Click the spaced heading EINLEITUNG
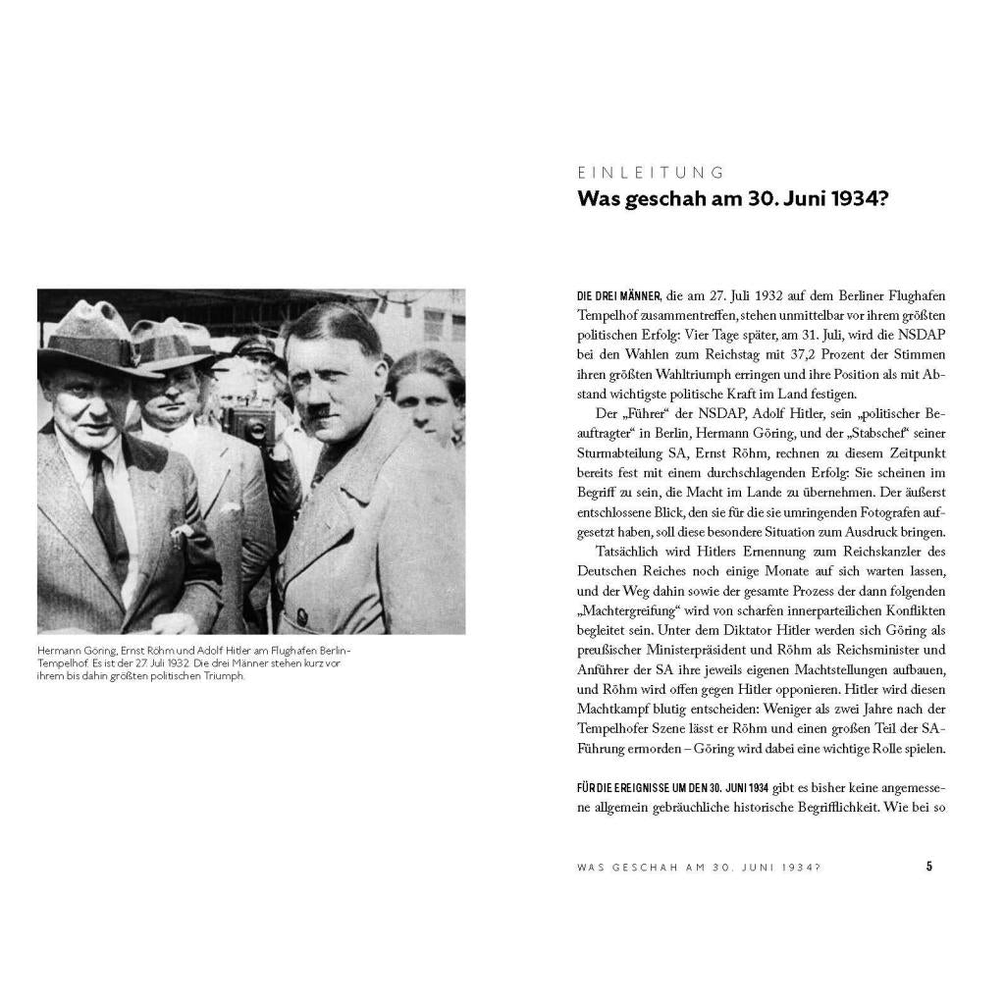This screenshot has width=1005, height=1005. [651, 173]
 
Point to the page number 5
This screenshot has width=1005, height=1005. [929, 867]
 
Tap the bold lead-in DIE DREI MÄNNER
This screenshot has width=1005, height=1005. [618, 295]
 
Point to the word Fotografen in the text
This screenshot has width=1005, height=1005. [843, 511]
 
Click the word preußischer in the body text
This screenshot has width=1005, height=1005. [613, 649]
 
